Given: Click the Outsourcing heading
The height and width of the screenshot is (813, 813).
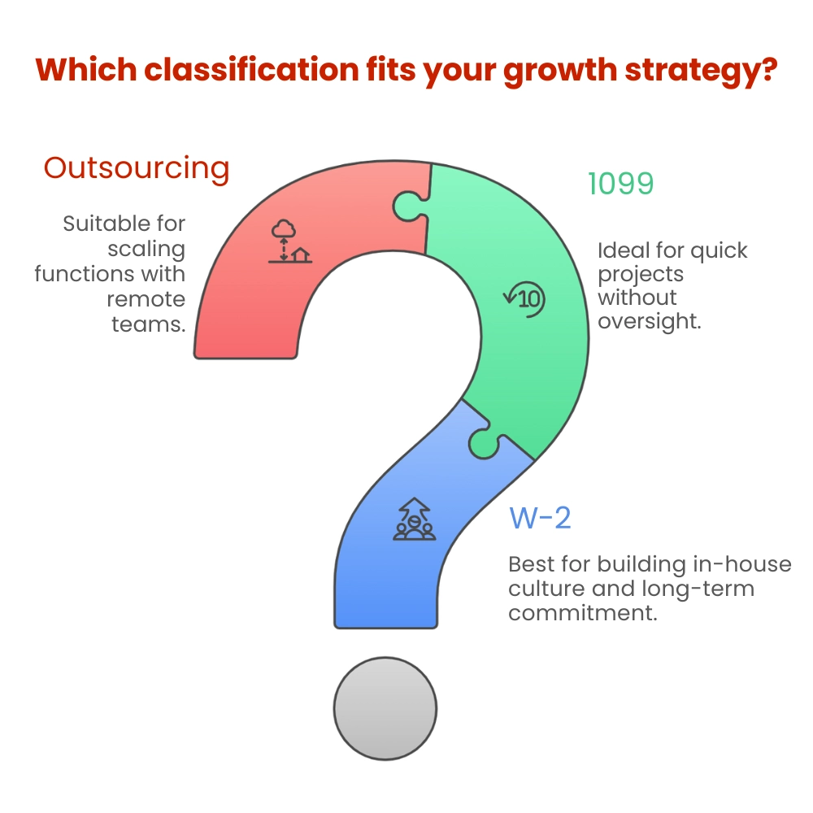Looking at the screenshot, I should [x=137, y=168].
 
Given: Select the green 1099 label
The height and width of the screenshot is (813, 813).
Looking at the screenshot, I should [x=620, y=185].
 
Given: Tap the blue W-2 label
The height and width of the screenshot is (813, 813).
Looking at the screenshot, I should [x=540, y=518].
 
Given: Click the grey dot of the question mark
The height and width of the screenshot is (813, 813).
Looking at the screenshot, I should [x=386, y=708].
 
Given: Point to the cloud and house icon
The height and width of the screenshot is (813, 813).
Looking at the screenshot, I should [x=290, y=241].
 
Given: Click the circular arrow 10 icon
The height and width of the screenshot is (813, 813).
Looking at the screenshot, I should [x=524, y=298].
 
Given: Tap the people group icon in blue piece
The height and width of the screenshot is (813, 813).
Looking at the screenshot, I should [x=415, y=520].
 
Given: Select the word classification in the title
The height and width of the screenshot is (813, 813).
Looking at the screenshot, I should [x=252, y=70].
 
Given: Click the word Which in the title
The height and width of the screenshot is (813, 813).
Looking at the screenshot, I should [x=88, y=70].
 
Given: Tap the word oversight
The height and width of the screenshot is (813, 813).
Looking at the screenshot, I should [x=649, y=321].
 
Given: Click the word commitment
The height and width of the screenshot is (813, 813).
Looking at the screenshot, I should [x=582, y=612].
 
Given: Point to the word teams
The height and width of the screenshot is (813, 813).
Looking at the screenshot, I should [x=148, y=324].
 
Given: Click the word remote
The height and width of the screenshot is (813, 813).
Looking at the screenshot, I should [x=146, y=299].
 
